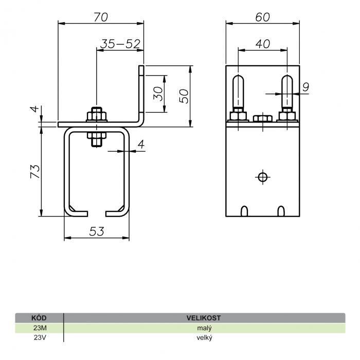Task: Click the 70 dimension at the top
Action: click(x=101, y=17)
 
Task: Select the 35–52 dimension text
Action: click(x=120, y=44)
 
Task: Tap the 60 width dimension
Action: click(x=263, y=17)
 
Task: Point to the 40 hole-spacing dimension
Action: click(x=263, y=44)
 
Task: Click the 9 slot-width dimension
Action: click(x=305, y=87)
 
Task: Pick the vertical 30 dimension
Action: click(x=158, y=94)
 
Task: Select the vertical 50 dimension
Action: click(x=184, y=96)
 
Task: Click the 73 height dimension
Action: click(x=35, y=171)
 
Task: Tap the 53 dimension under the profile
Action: click(x=97, y=231)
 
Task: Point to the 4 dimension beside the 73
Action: click(x=35, y=109)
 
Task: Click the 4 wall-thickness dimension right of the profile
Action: click(x=141, y=145)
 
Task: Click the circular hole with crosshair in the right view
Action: click(x=263, y=177)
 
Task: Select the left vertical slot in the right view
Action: click(x=238, y=92)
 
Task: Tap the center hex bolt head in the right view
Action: click(x=263, y=118)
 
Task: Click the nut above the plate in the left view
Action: click(x=97, y=116)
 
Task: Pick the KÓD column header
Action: click(x=39, y=318)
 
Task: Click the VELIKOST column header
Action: click(x=204, y=318)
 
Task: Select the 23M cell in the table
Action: click(x=40, y=328)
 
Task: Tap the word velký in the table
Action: click(x=204, y=338)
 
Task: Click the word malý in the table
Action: click(x=204, y=328)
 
